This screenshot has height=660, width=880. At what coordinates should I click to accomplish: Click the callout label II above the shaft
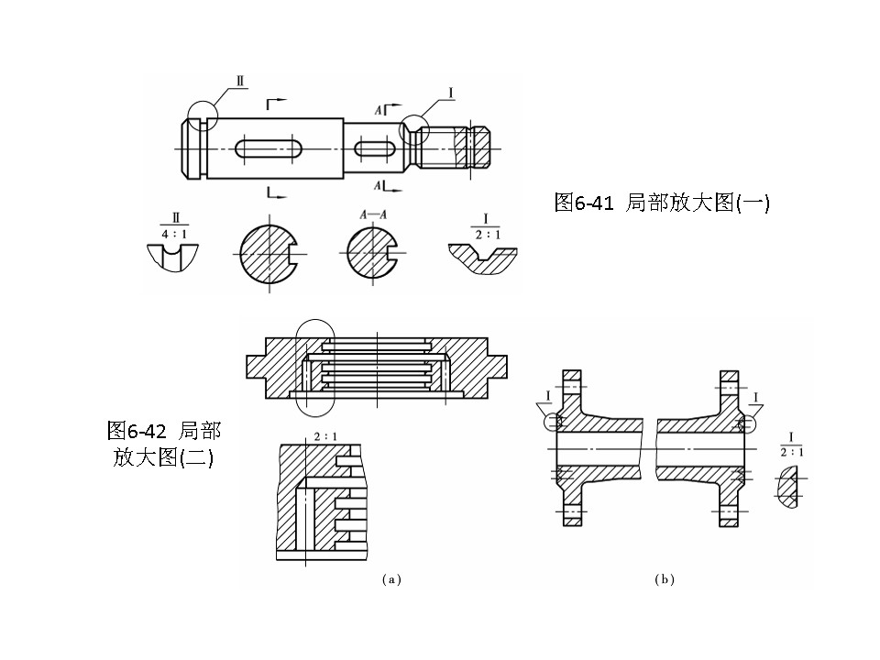(240, 81)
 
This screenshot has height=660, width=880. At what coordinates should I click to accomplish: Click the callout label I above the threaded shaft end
(452, 91)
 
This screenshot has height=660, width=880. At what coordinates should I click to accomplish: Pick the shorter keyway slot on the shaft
(375, 148)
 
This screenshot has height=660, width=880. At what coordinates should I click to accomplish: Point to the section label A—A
(373, 214)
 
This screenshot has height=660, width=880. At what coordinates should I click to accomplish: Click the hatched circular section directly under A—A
(371, 252)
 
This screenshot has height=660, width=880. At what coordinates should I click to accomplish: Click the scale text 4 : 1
(174, 234)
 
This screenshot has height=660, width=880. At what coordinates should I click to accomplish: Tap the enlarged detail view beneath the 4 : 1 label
(174, 257)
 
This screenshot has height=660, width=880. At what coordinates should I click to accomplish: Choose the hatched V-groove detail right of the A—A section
(482, 258)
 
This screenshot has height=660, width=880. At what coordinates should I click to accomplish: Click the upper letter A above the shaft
(378, 109)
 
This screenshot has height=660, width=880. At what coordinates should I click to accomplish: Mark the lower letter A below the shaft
(378, 186)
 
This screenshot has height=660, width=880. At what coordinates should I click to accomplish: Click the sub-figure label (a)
(391, 579)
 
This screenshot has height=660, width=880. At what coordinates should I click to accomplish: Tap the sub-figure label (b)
(665, 579)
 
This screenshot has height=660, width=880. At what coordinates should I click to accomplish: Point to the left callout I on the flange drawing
(548, 395)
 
